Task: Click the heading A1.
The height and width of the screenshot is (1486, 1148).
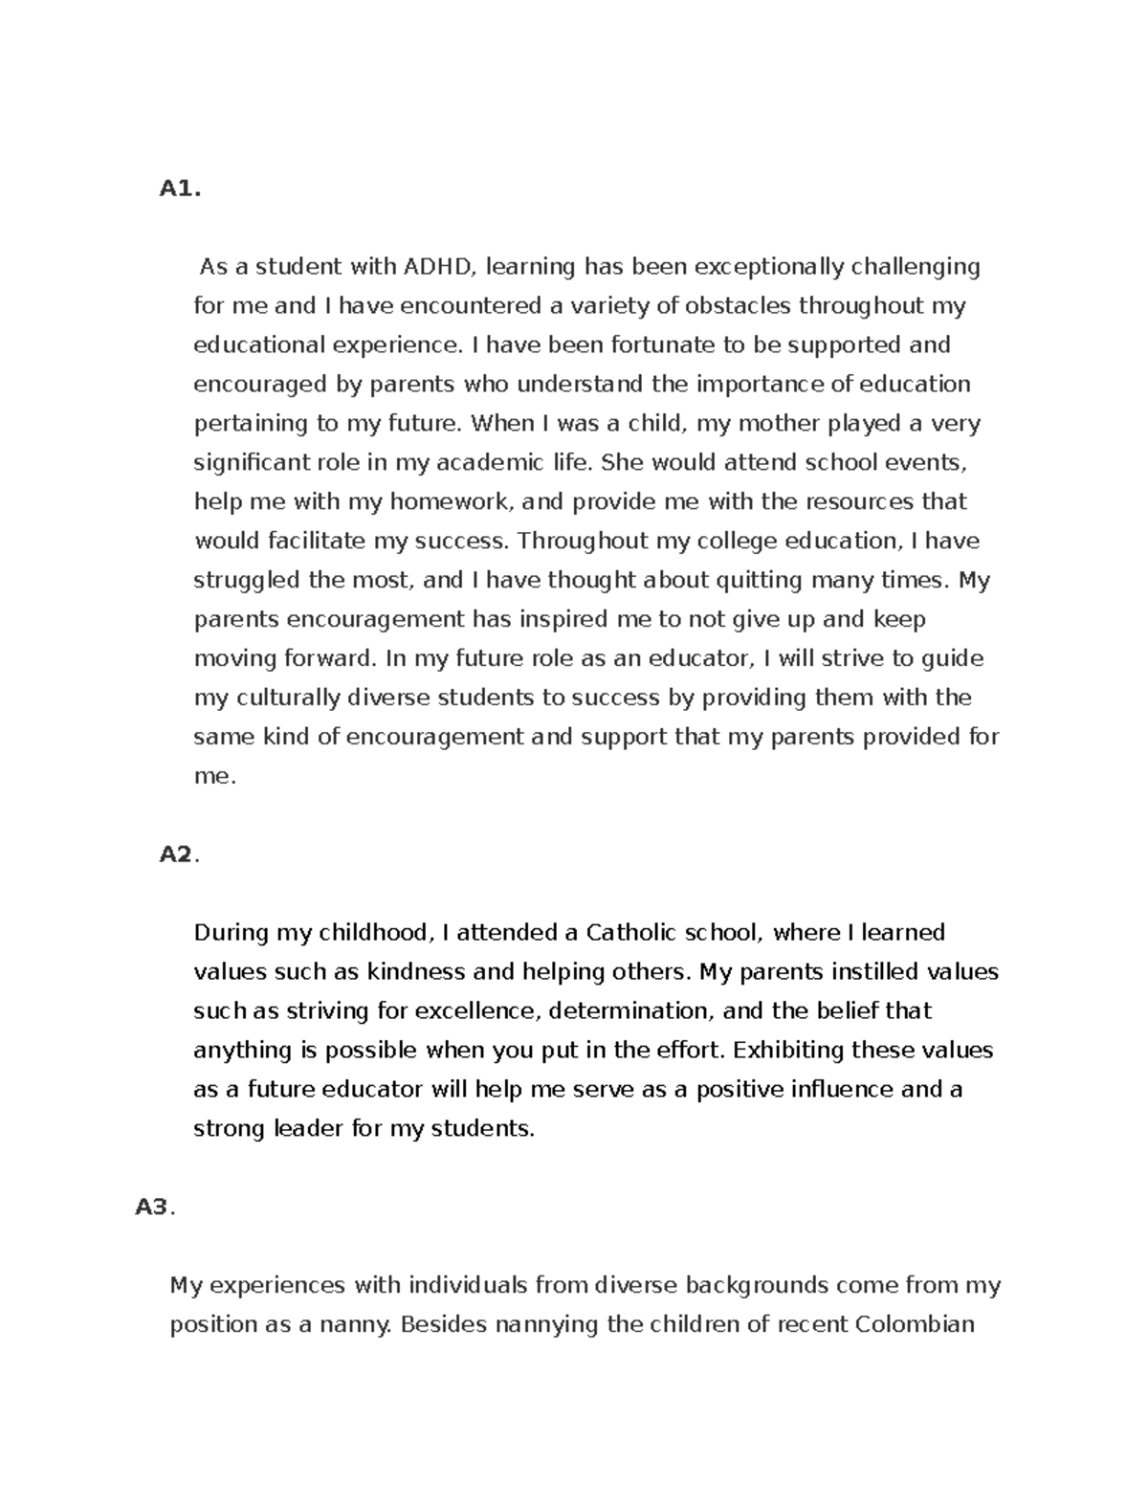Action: pyautogui.click(x=180, y=189)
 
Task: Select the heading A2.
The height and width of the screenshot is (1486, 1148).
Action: pyautogui.click(x=179, y=854)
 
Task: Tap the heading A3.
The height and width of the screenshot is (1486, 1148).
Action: pyautogui.click(x=155, y=1208)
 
